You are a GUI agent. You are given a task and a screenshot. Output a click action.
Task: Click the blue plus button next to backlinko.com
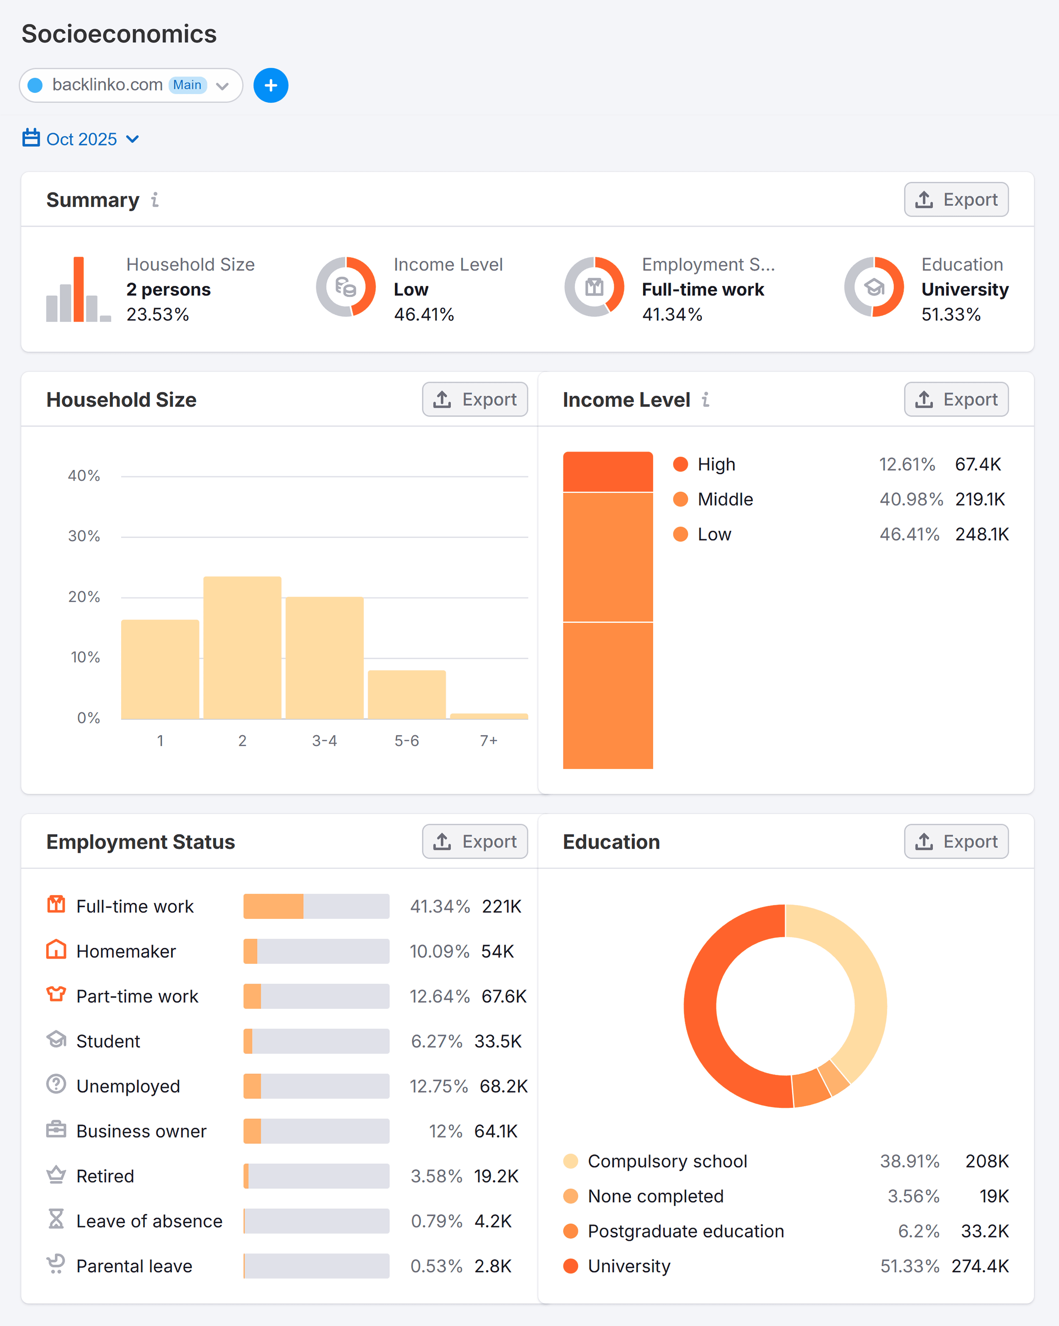271,86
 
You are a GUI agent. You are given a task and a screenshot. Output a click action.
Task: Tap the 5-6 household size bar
407,694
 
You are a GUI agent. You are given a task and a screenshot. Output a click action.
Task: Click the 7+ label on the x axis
488,741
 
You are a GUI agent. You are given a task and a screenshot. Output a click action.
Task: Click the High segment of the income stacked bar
607,472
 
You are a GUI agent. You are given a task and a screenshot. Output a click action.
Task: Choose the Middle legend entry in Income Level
725,499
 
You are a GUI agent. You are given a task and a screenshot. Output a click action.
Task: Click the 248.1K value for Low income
981,535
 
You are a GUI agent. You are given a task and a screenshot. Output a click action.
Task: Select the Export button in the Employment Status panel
475,841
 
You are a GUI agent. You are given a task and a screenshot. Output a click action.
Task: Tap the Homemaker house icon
56,950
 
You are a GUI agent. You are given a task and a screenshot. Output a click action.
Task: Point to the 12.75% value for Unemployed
438,1087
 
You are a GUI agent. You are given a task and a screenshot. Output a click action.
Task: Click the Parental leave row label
134,1266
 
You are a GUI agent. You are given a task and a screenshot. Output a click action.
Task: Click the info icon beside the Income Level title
705,400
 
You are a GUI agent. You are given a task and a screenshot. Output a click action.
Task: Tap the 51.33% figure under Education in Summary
950,315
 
